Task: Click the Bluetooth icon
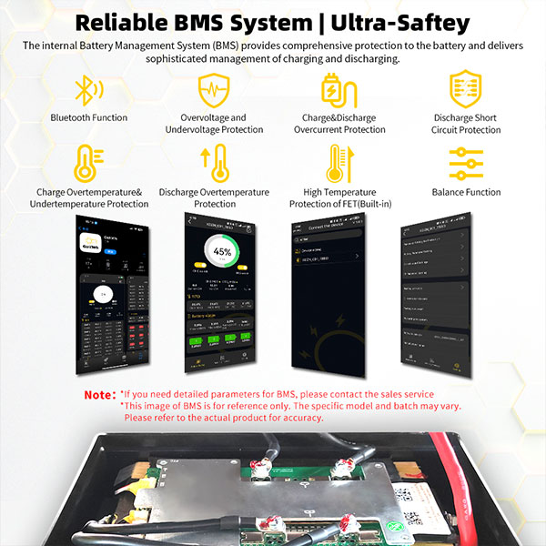click(x=88, y=89)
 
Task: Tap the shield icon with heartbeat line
click(x=213, y=90)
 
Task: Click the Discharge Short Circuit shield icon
click(x=465, y=90)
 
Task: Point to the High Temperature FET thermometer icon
click(x=337, y=164)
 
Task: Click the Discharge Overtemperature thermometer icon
click(x=215, y=164)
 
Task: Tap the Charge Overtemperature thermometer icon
click(x=89, y=164)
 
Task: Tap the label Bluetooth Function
click(x=89, y=117)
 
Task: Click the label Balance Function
click(x=466, y=192)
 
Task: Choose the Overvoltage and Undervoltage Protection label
click(x=213, y=124)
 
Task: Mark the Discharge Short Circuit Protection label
click(x=466, y=124)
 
